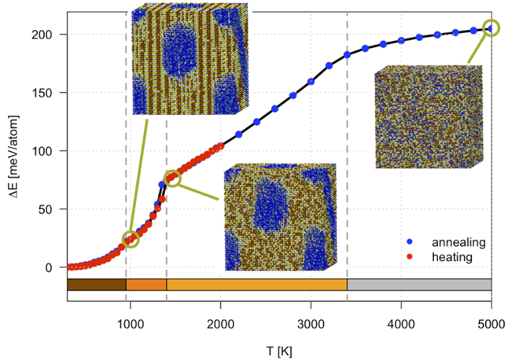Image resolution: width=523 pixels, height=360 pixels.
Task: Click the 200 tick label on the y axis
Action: click(42, 35)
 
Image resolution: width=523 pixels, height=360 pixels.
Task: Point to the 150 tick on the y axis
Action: click(42, 93)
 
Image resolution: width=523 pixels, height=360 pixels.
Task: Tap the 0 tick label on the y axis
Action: click(49, 267)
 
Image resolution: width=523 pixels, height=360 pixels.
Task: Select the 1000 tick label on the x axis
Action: click(131, 324)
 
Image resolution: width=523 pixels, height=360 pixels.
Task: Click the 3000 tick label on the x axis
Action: click(311, 324)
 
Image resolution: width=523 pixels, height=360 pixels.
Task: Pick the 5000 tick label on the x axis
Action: click(492, 324)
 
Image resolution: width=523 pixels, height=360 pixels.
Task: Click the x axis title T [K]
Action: click(279, 351)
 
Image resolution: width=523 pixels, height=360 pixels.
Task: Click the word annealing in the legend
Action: click(459, 242)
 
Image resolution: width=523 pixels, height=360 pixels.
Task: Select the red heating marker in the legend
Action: click(410, 257)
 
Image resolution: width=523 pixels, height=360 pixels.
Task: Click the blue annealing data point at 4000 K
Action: click(401, 41)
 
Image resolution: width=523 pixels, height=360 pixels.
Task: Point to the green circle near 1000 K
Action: click(131, 239)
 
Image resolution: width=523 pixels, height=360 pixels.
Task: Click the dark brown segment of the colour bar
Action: click(97, 285)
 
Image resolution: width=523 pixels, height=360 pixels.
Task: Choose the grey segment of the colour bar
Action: click(419, 285)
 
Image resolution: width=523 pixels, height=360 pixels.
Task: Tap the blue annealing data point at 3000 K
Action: click(311, 81)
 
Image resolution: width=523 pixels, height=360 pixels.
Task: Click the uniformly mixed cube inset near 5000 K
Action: click(429, 116)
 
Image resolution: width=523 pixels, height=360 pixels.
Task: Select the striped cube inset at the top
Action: click(190, 59)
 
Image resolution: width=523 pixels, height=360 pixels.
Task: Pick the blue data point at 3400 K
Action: click(347, 55)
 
